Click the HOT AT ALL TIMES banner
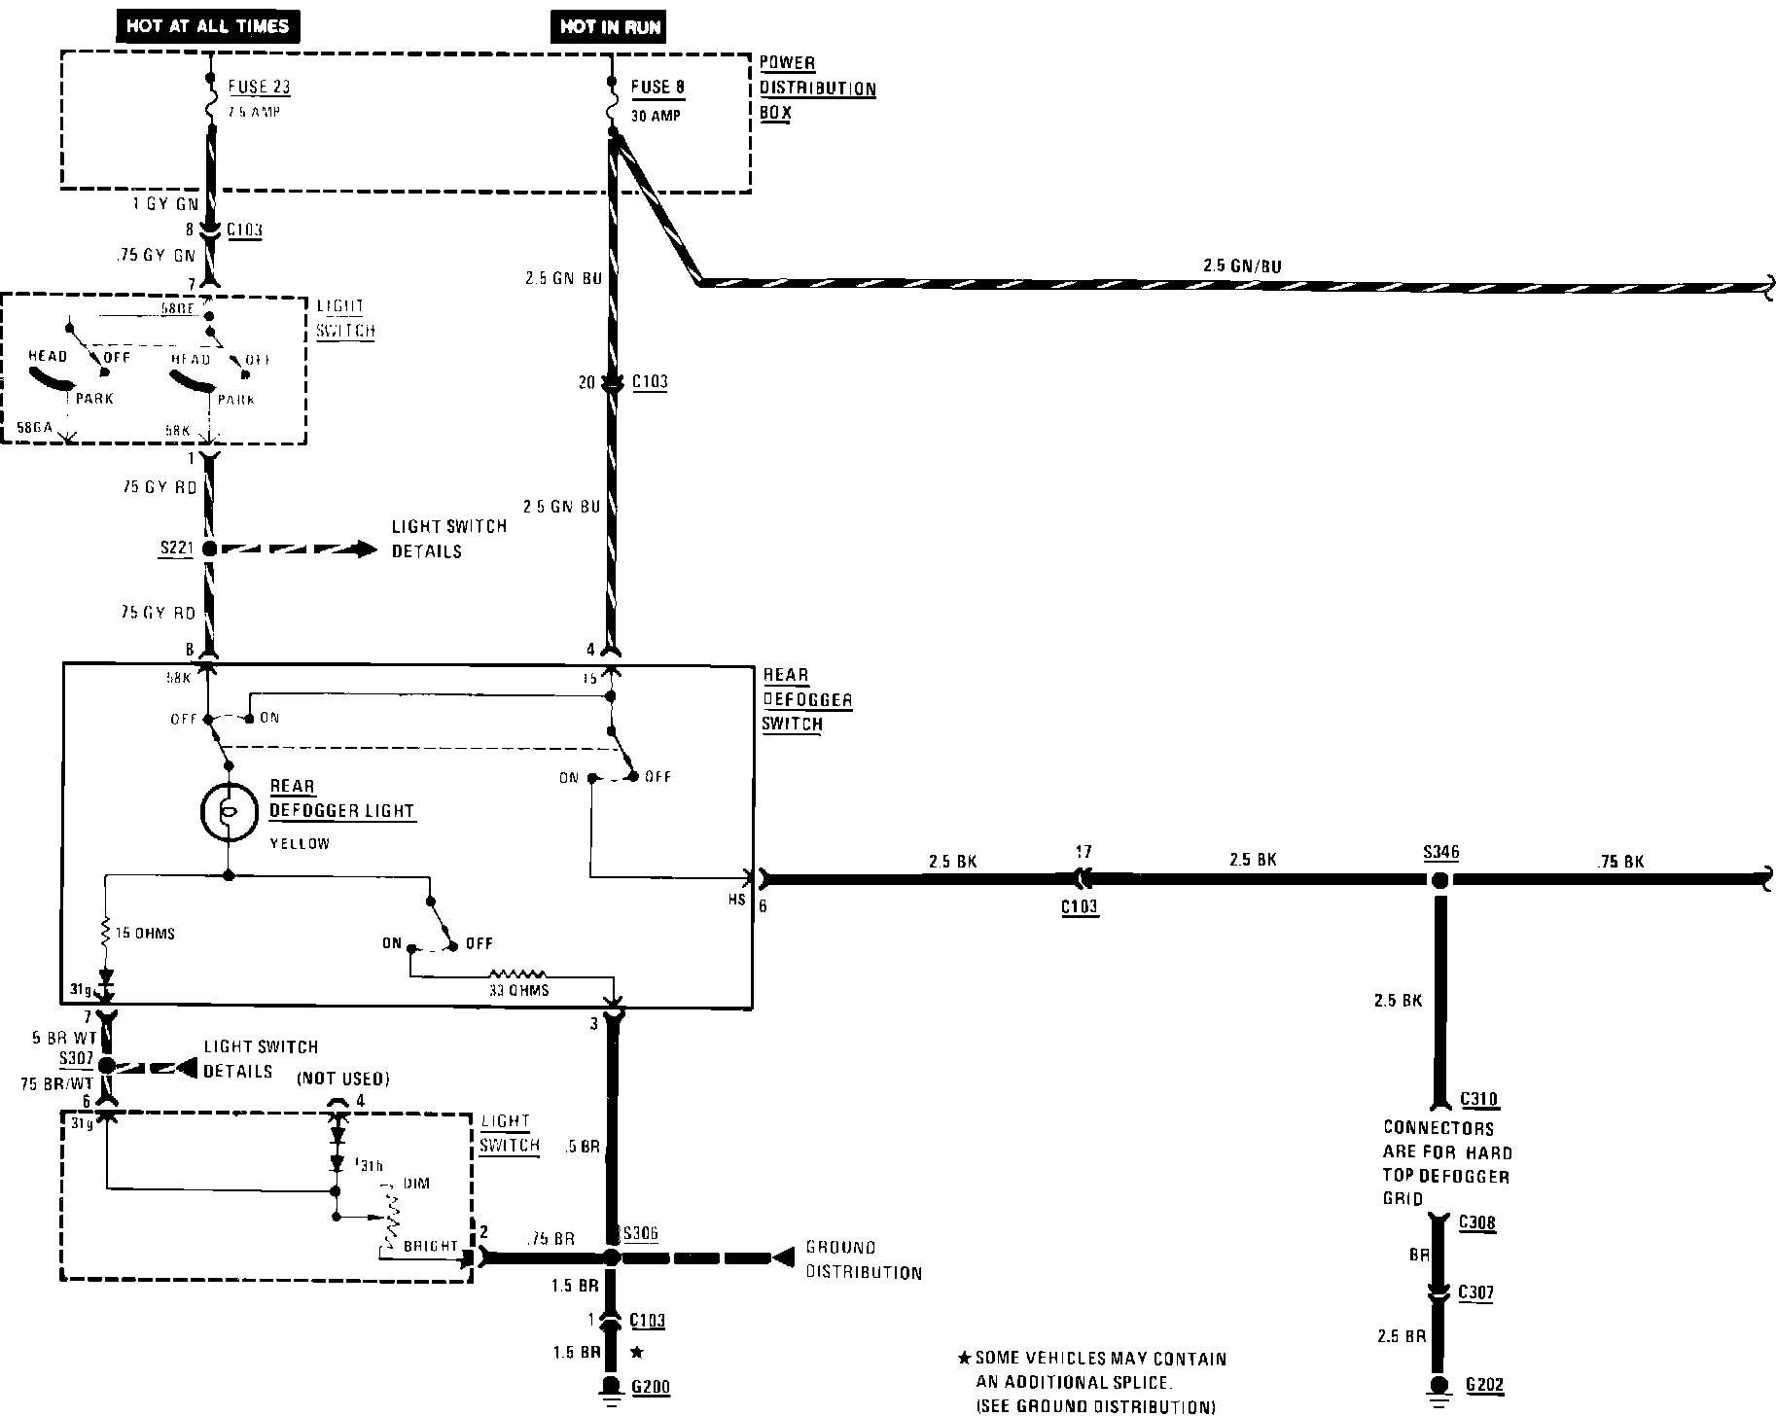pos(207,25)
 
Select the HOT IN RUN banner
pos(610,26)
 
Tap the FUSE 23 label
pos(260,87)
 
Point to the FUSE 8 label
pos(657,87)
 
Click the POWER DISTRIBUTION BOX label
pos(817,88)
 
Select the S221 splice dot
pos(209,549)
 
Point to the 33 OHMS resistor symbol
pos(518,973)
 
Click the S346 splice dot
pos(1439,880)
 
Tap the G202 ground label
pos(1485,1385)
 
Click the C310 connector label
pos(1478,1100)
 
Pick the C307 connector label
pos(1475,1292)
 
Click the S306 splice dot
pos(611,1257)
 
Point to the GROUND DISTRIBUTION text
pos(863,1259)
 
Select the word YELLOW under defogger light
pos(300,844)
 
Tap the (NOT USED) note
pos(342,1079)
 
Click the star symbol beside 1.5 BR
pos(637,1352)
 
